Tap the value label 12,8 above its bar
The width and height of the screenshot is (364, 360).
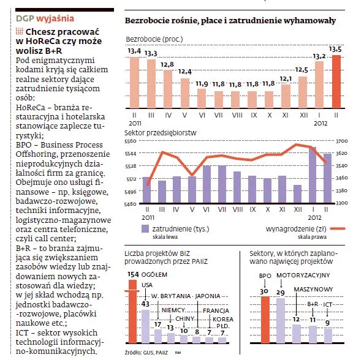tap(167, 64)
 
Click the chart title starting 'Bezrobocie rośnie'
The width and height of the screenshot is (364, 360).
tap(230, 20)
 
